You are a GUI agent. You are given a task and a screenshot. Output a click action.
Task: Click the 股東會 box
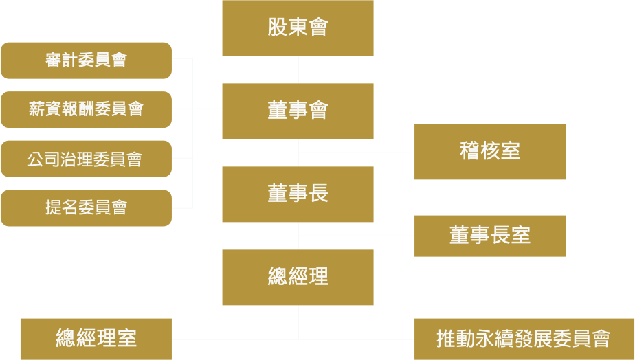298,27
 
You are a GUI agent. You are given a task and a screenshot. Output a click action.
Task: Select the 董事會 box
298,111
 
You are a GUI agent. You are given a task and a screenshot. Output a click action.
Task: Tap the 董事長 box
298,194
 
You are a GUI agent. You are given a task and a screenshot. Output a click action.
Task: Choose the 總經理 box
298,277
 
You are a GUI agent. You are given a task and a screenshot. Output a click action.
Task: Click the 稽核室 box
490,151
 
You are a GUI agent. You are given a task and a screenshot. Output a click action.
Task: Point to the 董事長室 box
490,236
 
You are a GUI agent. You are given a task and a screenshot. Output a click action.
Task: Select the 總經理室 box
96,339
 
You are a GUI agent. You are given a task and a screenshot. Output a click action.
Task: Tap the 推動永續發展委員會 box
523,339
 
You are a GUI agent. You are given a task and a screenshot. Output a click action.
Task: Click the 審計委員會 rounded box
86,60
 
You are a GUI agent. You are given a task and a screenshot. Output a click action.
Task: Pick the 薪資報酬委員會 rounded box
86,109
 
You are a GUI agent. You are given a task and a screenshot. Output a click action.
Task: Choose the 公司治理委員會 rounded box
86,159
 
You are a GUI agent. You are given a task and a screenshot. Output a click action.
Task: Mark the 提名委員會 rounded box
86,207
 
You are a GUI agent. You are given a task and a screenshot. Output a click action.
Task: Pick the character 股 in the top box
277,27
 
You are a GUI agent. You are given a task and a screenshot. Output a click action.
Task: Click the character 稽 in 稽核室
469,151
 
